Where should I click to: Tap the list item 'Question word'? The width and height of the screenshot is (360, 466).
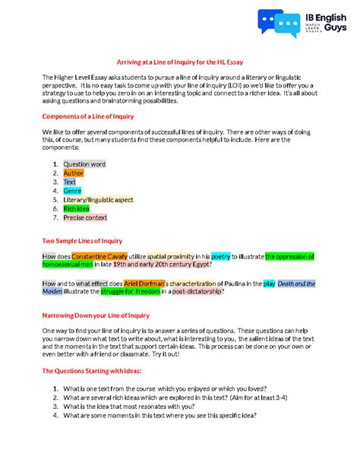[84, 163]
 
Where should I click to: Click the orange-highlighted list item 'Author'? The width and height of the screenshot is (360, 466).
[74, 173]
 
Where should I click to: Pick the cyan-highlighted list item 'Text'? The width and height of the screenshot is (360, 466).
[70, 182]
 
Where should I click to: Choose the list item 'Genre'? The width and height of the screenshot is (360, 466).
[73, 191]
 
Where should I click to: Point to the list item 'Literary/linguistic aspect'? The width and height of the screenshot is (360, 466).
[98, 200]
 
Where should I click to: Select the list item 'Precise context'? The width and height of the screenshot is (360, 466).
[86, 218]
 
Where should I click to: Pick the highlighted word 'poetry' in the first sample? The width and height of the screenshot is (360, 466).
[220, 256]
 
